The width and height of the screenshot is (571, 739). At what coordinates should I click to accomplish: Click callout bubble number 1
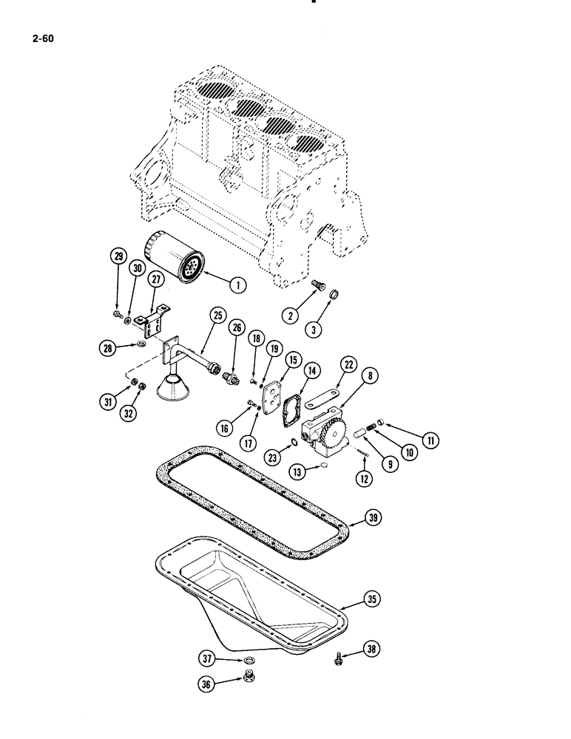tap(237, 282)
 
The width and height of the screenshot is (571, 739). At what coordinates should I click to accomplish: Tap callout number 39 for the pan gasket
tap(374, 519)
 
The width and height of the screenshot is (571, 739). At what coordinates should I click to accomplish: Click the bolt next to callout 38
tap(339, 656)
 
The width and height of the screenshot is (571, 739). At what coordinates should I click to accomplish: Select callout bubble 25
tap(217, 315)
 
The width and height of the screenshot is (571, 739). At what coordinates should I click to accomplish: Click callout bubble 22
tap(348, 365)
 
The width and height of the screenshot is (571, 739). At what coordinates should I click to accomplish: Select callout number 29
tap(117, 257)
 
